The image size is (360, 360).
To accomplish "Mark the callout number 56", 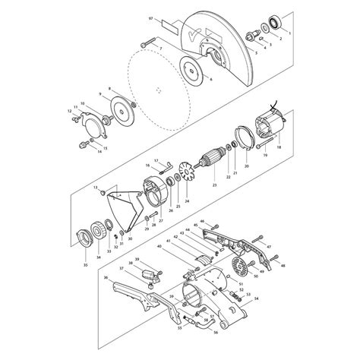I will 215,333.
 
